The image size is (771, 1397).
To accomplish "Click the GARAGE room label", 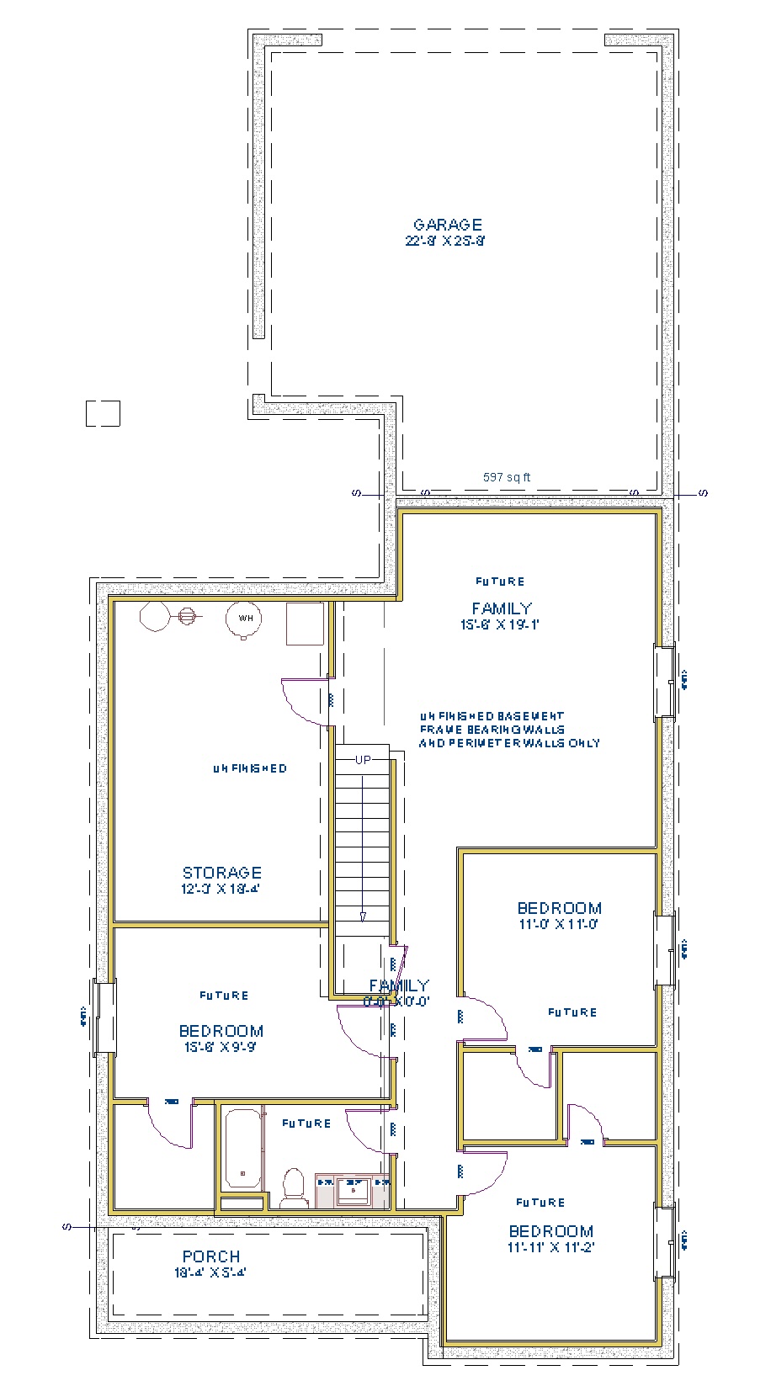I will [x=447, y=225].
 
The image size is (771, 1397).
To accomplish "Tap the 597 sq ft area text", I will [x=506, y=477].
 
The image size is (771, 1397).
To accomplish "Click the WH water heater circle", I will [x=244, y=619].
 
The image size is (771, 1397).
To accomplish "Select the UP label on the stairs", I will [x=363, y=760].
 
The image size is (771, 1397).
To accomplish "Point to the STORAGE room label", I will [x=221, y=873].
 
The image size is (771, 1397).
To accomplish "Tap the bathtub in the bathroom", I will [x=242, y=1149].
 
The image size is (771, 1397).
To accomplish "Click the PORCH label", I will [x=211, y=1256].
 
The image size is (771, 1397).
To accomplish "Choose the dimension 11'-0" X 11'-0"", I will [x=559, y=924].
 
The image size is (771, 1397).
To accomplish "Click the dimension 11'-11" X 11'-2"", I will [x=550, y=1248].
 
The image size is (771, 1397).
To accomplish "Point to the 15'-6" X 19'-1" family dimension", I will [x=500, y=625].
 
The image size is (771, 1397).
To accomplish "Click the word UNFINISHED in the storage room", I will [x=249, y=768].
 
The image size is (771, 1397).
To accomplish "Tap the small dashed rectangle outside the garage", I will [x=103, y=413].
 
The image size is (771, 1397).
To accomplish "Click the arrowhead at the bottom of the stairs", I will [x=363, y=916].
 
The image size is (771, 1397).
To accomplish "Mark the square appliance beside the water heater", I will [x=305, y=624].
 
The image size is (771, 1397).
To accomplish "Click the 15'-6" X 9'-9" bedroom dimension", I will [x=221, y=1048].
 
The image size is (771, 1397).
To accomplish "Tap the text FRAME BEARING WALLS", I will [x=492, y=730].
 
